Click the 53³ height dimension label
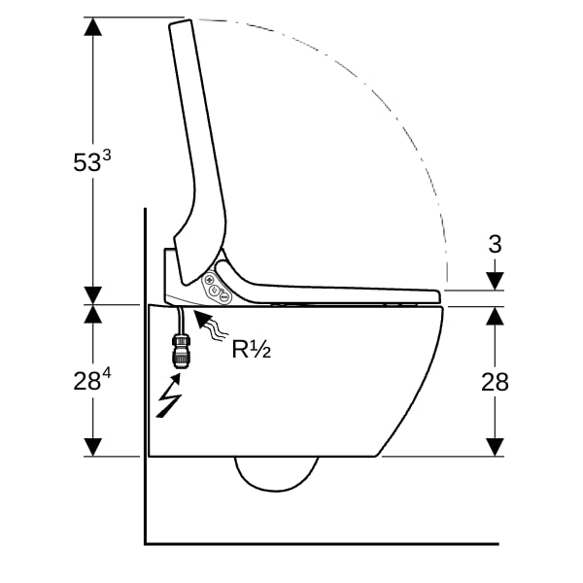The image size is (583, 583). (92, 161)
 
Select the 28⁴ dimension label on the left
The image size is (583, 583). (92, 380)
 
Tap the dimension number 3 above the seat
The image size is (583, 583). (495, 244)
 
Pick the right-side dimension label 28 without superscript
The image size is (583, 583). (495, 382)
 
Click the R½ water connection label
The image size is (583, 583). (252, 349)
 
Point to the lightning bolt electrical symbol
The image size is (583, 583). (169, 395)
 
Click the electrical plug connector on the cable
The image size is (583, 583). (181, 351)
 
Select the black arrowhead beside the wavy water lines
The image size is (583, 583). (202, 320)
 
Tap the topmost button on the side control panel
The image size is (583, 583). (209, 280)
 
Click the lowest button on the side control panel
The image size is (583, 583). (223, 296)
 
